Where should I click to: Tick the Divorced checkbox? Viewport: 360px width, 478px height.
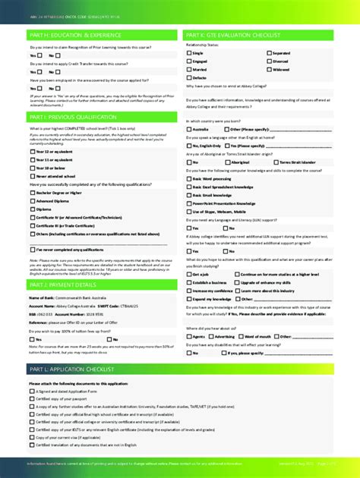267,61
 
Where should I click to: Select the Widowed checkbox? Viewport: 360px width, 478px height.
267,69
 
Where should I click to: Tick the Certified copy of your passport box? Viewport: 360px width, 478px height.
33,398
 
